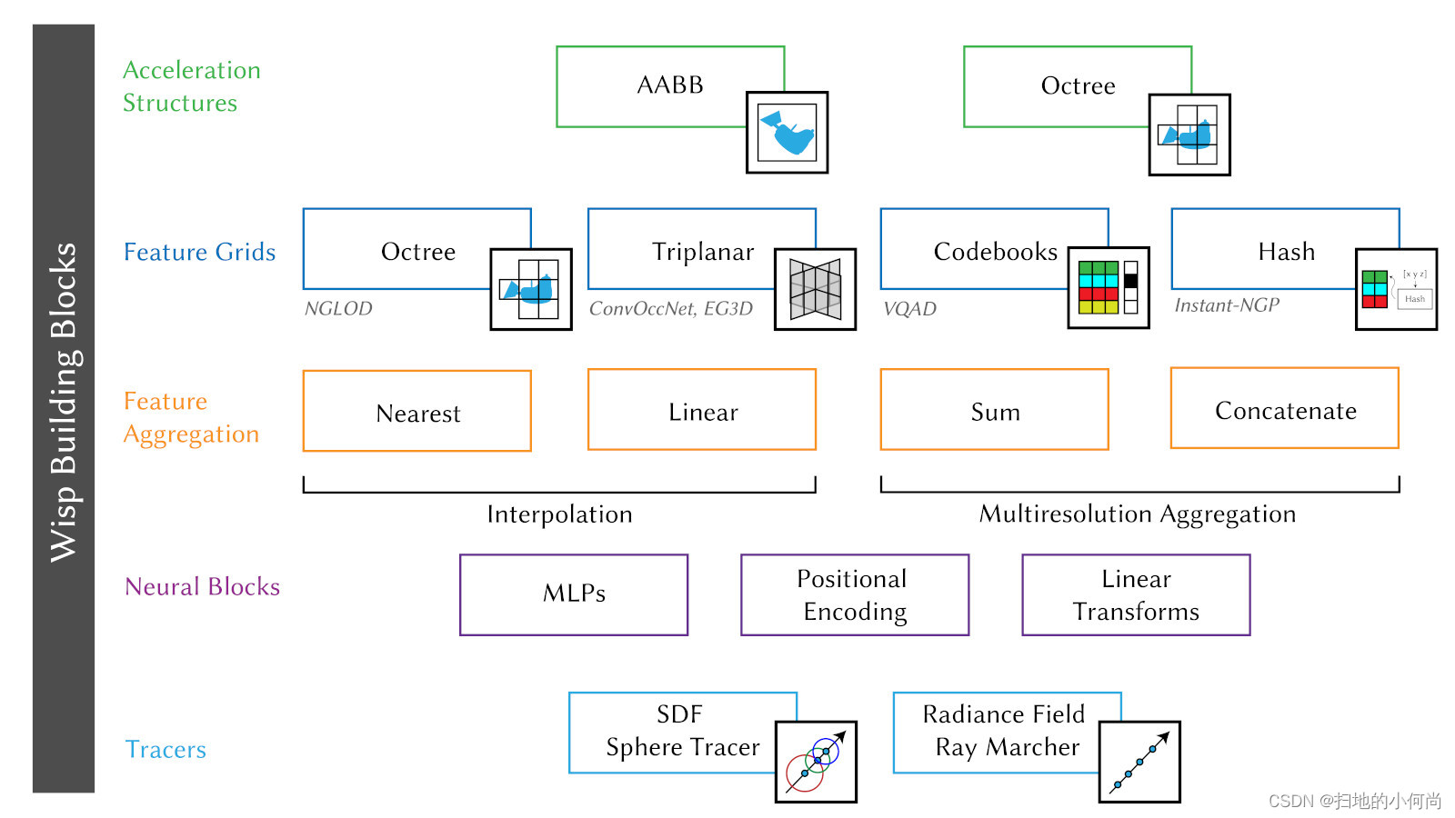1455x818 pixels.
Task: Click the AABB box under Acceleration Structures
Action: click(x=670, y=85)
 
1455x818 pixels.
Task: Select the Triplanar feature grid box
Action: click(x=702, y=251)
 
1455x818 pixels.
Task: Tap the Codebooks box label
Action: click(x=995, y=252)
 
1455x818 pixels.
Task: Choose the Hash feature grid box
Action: click(x=1286, y=251)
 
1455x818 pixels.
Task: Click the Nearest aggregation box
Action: click(x=417, y=413)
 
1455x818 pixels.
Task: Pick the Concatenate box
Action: click(x=1285, y=410)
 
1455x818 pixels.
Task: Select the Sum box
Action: click(x=995, y=412)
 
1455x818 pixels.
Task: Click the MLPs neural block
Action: click(x=574, y=594)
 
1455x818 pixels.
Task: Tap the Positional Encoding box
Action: click(x=855, y=595)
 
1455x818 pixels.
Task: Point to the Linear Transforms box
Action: click(x=1136, y=595)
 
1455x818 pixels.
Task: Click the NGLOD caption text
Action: click(x=338, y=309)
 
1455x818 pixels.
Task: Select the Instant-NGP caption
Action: click(x=1227, y=305)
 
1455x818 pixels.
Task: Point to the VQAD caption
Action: click(x=909, y=309)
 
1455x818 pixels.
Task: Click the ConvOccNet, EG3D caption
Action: click(x=671, y=309)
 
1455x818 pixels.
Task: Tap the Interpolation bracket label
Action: click(x=559, y=514)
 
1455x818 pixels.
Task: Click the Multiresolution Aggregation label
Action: click(x=1137, y=514)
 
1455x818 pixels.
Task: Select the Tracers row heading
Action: click(x=166, y=750)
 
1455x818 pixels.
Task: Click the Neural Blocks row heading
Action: click(x=202, y=587)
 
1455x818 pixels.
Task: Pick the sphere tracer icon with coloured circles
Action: click(x=816, y=762)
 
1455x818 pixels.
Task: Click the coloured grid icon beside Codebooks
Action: click(x=1108, y=287)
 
